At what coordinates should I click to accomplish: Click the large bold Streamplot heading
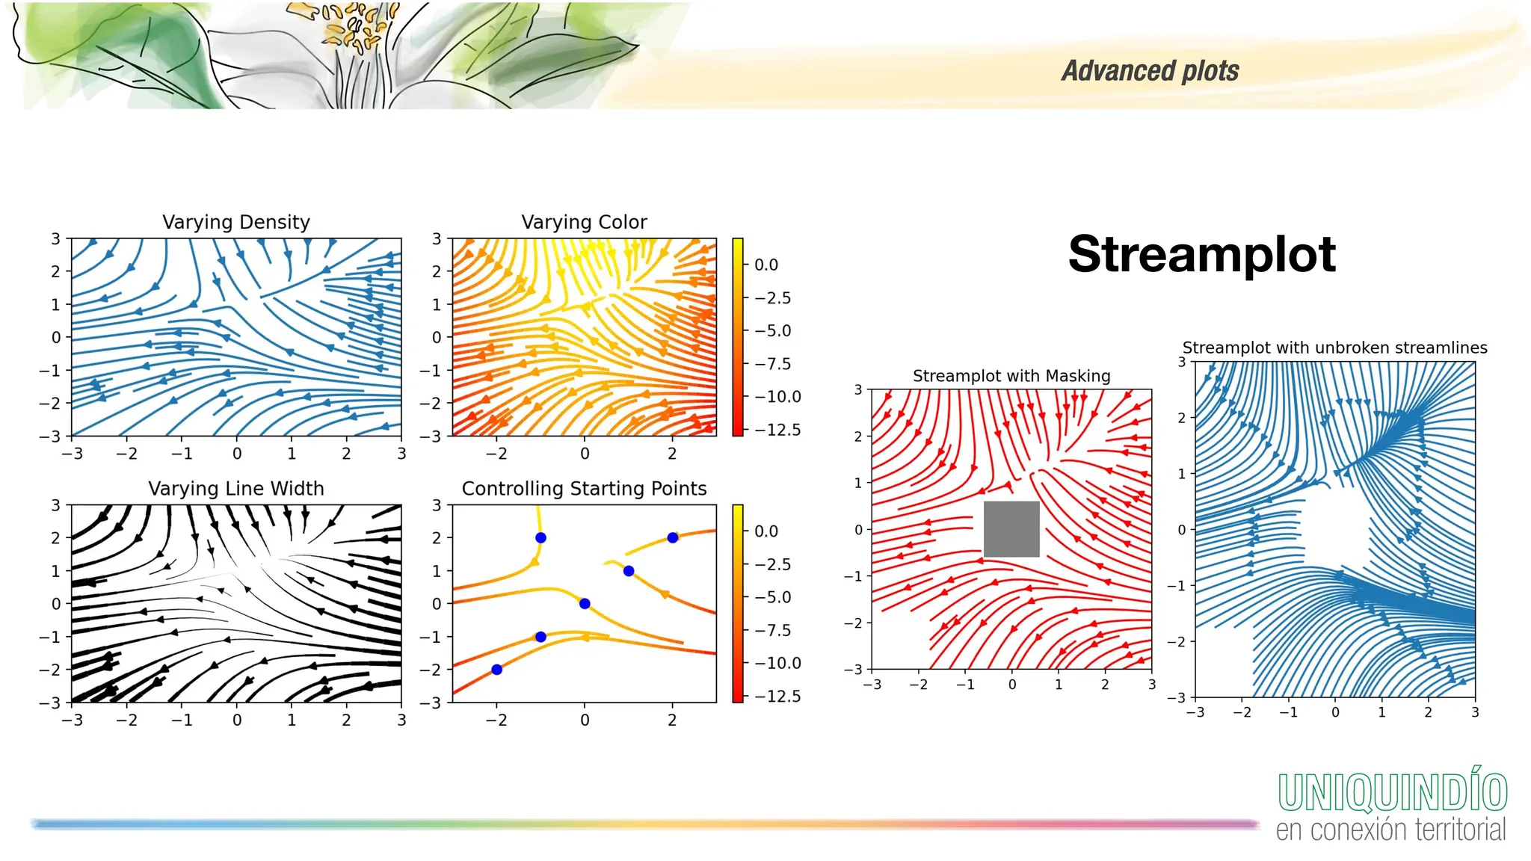tap(1201, 255)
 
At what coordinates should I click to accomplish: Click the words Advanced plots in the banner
tap(1150, 71)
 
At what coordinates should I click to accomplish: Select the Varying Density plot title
tap(235, 222)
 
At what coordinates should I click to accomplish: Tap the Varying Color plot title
tap(584, 222)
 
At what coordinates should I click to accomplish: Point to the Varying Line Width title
tap(235, 489)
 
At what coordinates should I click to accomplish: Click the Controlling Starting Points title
tap(584, 489)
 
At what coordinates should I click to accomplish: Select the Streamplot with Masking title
tap(1011, 376)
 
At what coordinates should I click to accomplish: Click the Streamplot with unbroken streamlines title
tap(1334, 348)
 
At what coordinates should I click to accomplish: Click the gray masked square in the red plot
tap(1011, 529)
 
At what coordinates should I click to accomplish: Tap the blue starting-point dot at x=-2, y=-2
tap(496, 670)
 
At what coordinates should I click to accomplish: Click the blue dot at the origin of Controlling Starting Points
tap(585, 604)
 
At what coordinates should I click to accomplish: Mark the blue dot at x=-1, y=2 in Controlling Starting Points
tap(540, 538)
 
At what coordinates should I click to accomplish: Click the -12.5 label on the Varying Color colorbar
tap(777, 430)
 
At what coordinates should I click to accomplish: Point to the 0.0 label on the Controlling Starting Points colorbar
tap(766, 531)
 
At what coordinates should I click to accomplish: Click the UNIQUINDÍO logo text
tap(1392, 792)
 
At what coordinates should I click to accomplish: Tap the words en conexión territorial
tap(1390, 830)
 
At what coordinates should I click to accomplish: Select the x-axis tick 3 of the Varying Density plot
tap(401, 454)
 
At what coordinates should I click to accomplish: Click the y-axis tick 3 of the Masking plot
tap(858, 389)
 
